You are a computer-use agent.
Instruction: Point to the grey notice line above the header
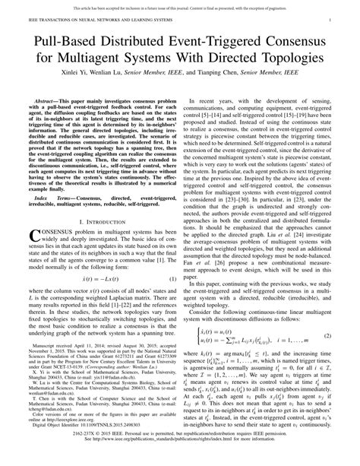click(180, 5)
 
